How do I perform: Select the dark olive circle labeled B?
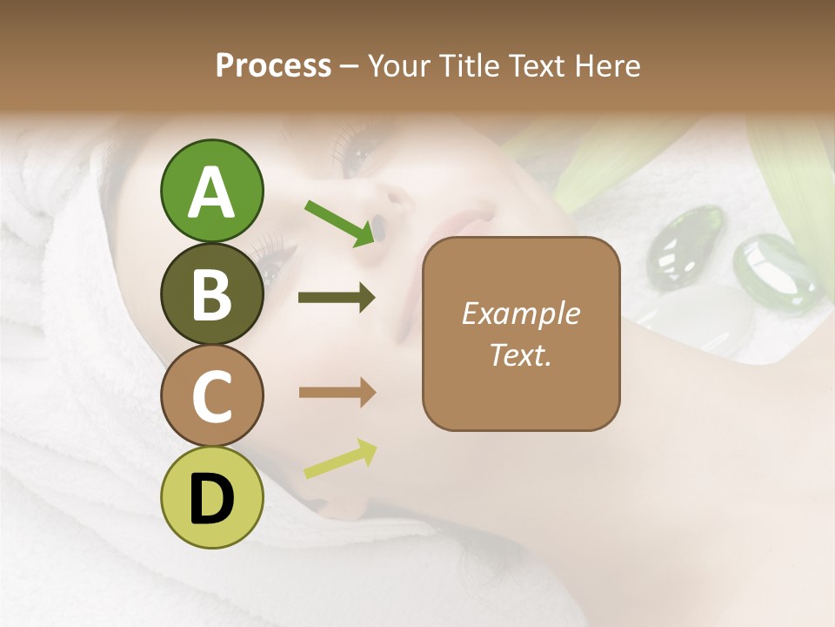click(211, 294)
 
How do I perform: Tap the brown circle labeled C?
click(211, 396)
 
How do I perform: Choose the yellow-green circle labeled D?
click(211, 497)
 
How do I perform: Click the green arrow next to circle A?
click(338, 223)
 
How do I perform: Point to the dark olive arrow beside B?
click(337, 298)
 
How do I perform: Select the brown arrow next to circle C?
click(337, 393)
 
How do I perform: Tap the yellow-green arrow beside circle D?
click(340, 459)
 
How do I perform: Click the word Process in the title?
click(273, 65)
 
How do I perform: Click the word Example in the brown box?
click(521, 313)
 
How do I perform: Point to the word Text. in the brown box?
click(521, 354)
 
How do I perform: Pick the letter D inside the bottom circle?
click(211, 499)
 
